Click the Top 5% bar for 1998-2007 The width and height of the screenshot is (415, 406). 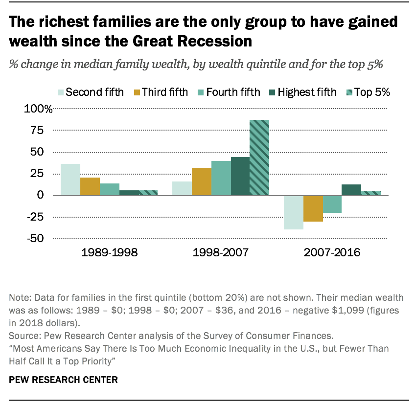tap(259, 158)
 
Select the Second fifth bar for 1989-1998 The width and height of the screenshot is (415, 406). tap(70, 180)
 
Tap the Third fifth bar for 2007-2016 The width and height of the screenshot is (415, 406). tap(313, 208)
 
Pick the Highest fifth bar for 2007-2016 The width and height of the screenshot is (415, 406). tap(351, 190)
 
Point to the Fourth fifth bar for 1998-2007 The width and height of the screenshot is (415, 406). tap(221, 178)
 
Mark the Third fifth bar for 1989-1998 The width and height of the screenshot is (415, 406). tap(90, 186)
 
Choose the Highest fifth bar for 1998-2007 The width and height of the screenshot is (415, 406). tap(240, 176)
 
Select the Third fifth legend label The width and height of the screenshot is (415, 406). tap(165, 92)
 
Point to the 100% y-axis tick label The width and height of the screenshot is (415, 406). tap(38, 109)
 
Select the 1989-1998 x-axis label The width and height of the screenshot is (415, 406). tap(109, 253)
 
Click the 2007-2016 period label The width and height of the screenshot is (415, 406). tap(332, 253)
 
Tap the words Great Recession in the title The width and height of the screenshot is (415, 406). tap(191, 42)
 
